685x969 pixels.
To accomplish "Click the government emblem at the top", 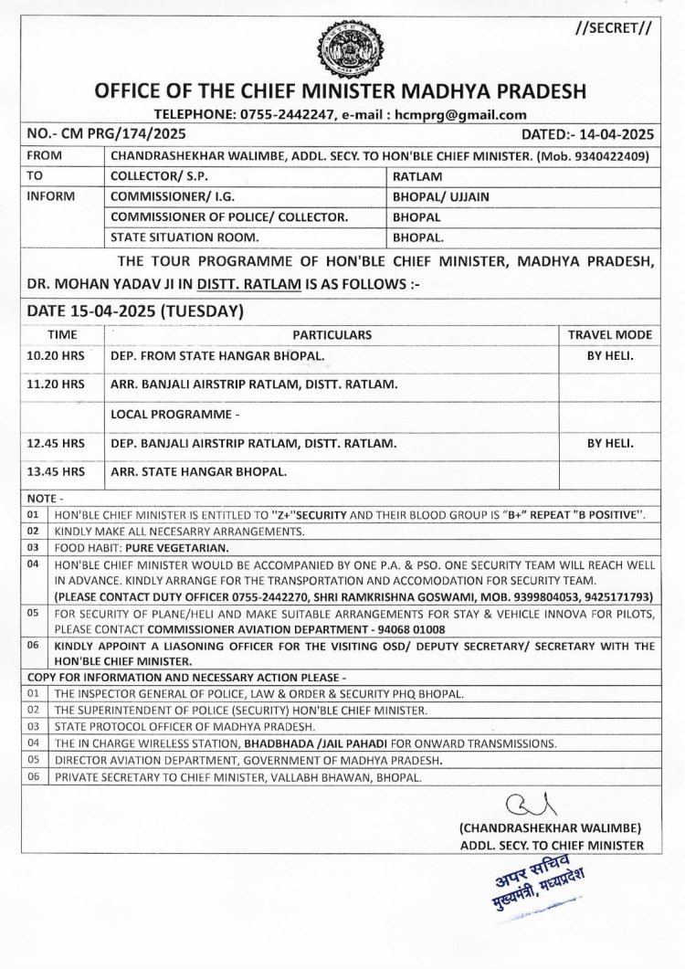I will pos(342,50).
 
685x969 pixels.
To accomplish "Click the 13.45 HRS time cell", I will pos(57,473).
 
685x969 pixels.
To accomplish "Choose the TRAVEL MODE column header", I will pos(609,334).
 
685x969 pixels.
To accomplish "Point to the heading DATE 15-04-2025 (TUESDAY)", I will pos(134,311).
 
